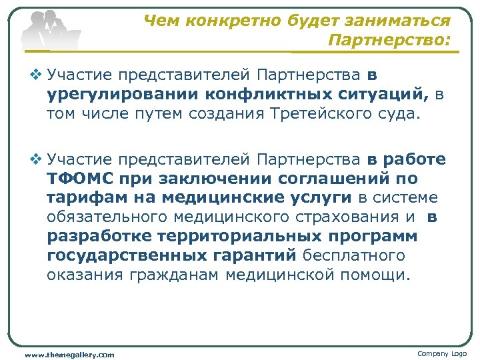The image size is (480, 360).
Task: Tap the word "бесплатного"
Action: coord(354,255)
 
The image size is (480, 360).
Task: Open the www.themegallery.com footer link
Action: coord(69,355)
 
